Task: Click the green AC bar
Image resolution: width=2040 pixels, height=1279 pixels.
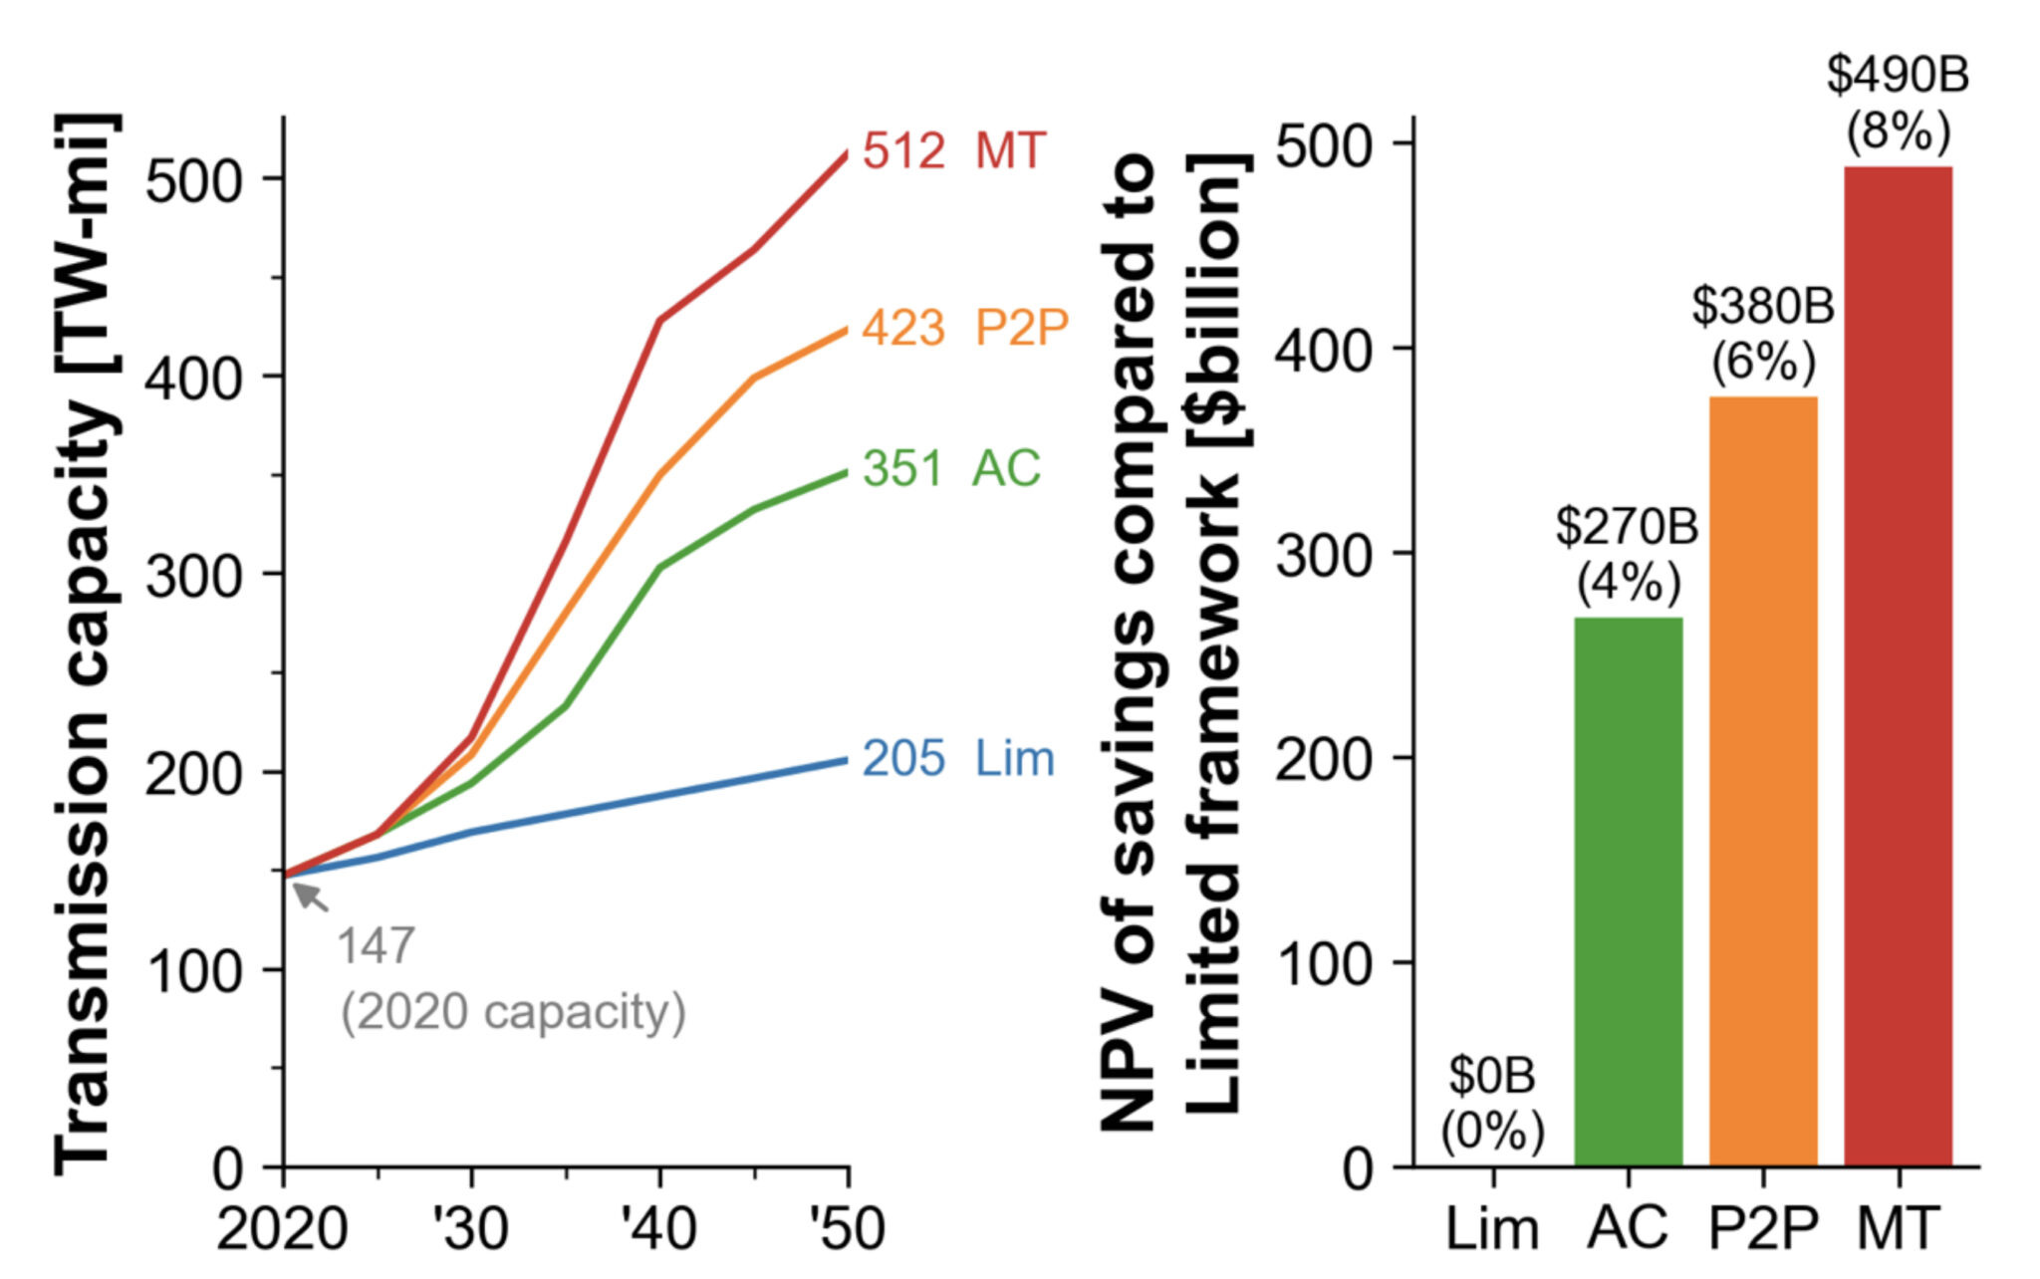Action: pos(1628,892)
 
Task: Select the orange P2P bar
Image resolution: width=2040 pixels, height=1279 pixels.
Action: pos(1763,782)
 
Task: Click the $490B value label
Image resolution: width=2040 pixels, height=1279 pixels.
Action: pos(1898,76)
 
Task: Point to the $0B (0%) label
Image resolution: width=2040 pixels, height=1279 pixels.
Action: pos(1492,1103)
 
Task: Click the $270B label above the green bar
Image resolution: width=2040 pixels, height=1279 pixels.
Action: pos(1627,527)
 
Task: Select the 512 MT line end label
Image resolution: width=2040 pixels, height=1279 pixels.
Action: pos(953,151)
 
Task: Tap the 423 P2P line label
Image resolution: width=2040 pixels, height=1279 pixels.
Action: pos(964,328)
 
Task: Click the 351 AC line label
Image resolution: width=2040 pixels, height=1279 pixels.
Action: pos(951,468)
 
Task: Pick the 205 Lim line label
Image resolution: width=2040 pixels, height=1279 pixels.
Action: pos(957,759)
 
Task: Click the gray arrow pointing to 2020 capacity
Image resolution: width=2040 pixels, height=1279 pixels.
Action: pos(311,895)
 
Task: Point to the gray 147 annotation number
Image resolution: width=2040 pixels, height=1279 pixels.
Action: pos(376,946)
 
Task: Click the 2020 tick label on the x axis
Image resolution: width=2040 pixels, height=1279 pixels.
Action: pos(282,1229)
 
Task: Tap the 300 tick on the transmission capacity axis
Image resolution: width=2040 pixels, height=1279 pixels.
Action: pos(194,576)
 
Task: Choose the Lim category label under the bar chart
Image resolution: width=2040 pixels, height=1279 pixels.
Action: pos(1492,1228)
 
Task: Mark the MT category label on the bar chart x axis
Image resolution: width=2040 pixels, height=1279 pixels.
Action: pos(1899,1228)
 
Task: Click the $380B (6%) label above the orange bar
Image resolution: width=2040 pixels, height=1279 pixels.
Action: pos(1762,334)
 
